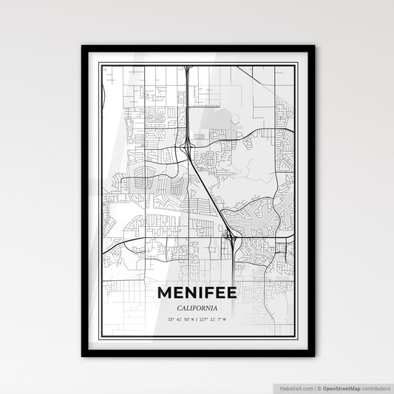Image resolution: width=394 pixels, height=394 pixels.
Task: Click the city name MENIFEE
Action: (x=197, y=293)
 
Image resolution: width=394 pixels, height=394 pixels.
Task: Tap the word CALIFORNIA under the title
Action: (x=197, y=308)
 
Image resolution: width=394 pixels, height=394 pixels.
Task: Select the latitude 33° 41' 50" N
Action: (x=180, y=320)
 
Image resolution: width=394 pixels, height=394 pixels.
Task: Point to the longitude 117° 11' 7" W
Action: (x=214, y=320)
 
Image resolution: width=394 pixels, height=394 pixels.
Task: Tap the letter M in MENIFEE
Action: (x=165, y=293)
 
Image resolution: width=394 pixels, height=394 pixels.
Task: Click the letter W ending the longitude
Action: (x=225, y=320)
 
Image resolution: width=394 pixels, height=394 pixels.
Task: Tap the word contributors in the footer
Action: (x=373, y=387)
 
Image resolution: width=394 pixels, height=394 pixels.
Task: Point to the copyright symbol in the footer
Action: (x=319, y=387)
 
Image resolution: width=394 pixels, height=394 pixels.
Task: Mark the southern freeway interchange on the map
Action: (x=232, y=238)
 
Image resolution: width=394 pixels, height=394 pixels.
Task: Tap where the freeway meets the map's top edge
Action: (x=189, y=67)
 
